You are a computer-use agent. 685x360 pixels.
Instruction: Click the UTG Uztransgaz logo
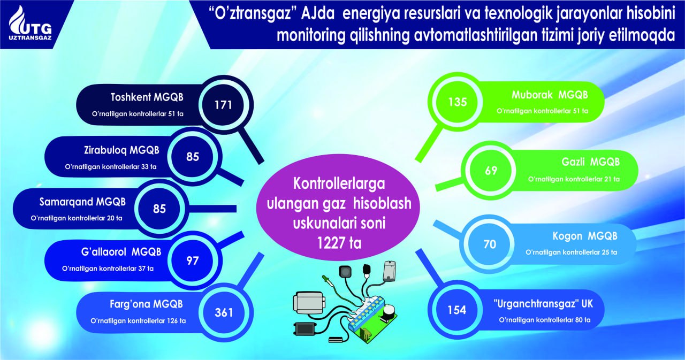pos(31,24)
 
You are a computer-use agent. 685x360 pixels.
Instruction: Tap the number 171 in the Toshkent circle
pos(223,105)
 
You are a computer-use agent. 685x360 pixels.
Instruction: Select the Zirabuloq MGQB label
pos(121,150)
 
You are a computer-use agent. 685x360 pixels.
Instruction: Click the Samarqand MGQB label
pos(82,202)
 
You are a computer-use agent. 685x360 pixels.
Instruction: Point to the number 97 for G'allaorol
pos(193,261)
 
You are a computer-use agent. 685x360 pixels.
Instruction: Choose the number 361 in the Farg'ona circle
pos(224,312)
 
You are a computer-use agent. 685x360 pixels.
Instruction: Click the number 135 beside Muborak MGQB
pos(458,102)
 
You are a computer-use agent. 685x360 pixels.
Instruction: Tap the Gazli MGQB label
pos(590,162)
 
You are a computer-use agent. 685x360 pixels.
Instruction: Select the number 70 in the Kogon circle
pos(490,244)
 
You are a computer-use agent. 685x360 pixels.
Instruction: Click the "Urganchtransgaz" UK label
pos(543,304)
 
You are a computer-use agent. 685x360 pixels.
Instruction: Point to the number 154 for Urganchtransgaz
pos(457,310)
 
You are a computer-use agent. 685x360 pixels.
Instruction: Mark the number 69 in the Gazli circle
pos(491,171)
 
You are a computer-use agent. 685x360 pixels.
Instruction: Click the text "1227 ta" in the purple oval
pos(339,243)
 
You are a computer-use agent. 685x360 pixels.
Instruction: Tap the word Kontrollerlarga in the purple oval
pos(339,184)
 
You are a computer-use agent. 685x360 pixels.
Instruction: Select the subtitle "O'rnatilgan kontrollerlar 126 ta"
pos(138,321)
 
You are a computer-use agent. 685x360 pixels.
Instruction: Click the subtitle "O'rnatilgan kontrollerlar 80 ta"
pos(545,320)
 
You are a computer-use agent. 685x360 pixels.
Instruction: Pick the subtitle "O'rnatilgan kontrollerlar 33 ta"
pos(111,167)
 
